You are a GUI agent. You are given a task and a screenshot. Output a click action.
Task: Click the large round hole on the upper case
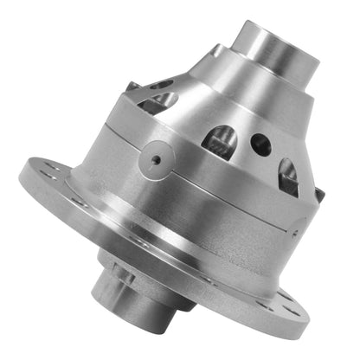[x=259, y=143]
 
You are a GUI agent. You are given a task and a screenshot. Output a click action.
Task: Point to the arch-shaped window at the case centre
[x=220, y=138]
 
